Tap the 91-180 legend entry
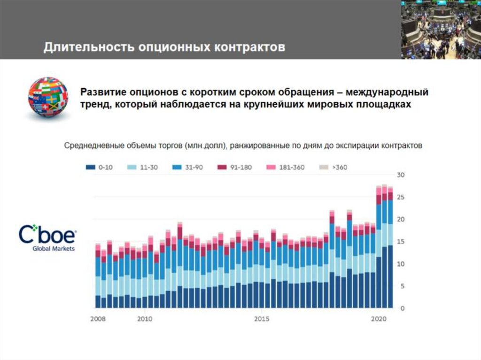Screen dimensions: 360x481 tap(236, 167)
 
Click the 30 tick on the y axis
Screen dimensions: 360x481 tap(401, 175)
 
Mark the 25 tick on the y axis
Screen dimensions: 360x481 tap(401, 198)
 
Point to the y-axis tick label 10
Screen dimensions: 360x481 tap(401, 264)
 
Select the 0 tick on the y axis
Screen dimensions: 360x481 tap(402, 309)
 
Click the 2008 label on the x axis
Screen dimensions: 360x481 tap(97, 319)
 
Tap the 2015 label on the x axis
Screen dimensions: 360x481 tap(262, 319)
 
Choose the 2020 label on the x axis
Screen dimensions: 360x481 tap(379, 319)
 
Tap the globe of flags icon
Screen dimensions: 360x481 tap(47, 97)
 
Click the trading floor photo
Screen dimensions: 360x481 tap(441, 29)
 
